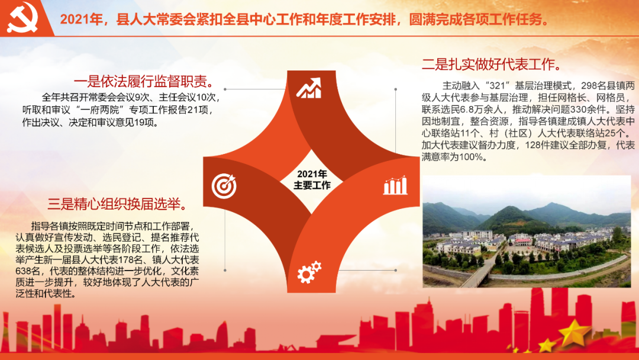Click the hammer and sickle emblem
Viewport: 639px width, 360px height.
(22, 17)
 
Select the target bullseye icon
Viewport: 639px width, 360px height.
(224, 186)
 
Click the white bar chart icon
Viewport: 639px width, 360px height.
(395, 185)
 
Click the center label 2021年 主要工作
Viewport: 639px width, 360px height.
(312, 180)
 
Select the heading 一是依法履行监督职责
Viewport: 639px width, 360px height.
(144, 82)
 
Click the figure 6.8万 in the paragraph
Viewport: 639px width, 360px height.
(469, 110)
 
